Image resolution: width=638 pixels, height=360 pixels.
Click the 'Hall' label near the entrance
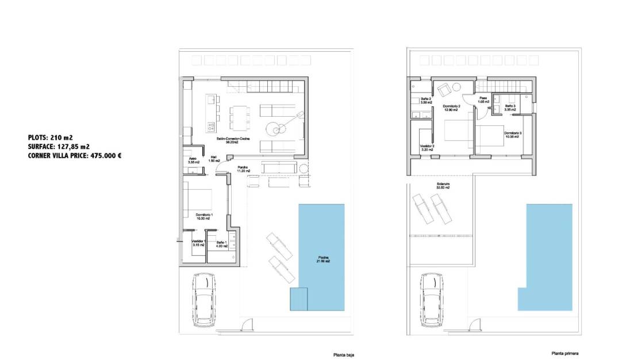click(214, 159)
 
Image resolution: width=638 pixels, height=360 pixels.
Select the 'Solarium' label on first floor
click(443, 186)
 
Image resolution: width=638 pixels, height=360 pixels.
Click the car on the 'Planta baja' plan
click(204, 300)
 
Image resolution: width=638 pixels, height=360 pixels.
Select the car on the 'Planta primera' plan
click(432, 300)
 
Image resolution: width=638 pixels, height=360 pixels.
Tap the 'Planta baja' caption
click(344, 355)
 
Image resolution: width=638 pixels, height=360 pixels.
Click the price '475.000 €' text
click(105, 155)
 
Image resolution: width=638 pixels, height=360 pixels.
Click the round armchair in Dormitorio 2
click(444, 90)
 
